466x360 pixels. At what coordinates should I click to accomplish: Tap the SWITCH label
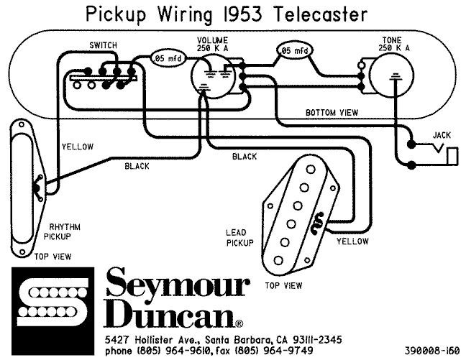103,45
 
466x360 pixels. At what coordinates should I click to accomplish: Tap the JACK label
442,135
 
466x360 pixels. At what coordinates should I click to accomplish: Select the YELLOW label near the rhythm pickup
77,147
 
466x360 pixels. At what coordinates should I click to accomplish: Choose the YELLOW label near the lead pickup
352,241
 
